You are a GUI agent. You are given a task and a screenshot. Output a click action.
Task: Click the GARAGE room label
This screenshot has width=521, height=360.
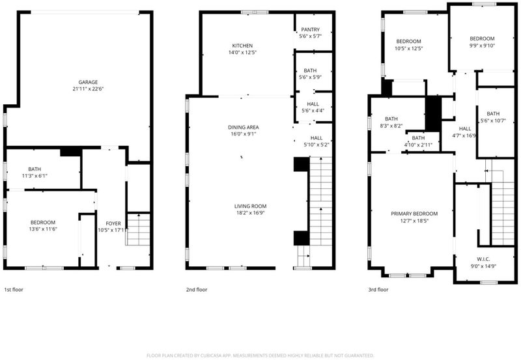88,83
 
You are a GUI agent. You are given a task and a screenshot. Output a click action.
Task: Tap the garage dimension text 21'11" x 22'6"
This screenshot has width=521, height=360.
88,89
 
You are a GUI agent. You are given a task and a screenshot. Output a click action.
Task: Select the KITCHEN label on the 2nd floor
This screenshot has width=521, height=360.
242,46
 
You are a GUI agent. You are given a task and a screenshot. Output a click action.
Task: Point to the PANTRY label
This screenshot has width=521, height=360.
311,29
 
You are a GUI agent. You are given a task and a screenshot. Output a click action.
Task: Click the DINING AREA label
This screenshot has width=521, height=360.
243,127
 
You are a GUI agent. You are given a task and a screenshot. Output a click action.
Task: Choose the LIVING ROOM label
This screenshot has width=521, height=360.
251,206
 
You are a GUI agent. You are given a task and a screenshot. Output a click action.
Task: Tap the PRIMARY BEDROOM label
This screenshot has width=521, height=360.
414,214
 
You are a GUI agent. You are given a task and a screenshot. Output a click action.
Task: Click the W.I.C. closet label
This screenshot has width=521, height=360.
483,259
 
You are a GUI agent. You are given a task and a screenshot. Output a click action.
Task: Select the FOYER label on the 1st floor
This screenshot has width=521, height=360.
113,223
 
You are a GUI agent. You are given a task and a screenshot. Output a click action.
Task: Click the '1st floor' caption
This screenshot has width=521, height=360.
14,290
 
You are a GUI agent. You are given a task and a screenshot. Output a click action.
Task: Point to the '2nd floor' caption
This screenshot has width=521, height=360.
197,290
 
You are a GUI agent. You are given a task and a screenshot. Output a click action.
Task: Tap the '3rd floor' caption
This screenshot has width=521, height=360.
378,290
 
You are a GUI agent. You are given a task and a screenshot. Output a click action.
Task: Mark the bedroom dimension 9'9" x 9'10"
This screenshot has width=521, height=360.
482,46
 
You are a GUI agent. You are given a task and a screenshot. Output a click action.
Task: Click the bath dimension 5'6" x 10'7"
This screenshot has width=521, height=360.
493,120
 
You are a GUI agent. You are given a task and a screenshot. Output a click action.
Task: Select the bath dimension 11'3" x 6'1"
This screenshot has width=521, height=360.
35,176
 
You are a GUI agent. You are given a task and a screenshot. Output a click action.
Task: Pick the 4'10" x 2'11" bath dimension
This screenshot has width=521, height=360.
418,145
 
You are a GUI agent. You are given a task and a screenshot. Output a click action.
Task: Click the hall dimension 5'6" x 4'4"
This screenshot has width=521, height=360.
313,111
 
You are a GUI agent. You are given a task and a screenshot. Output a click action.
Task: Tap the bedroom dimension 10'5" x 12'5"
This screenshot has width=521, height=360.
409,48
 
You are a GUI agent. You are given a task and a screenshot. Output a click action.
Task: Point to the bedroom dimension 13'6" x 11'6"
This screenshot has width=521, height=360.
43,229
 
